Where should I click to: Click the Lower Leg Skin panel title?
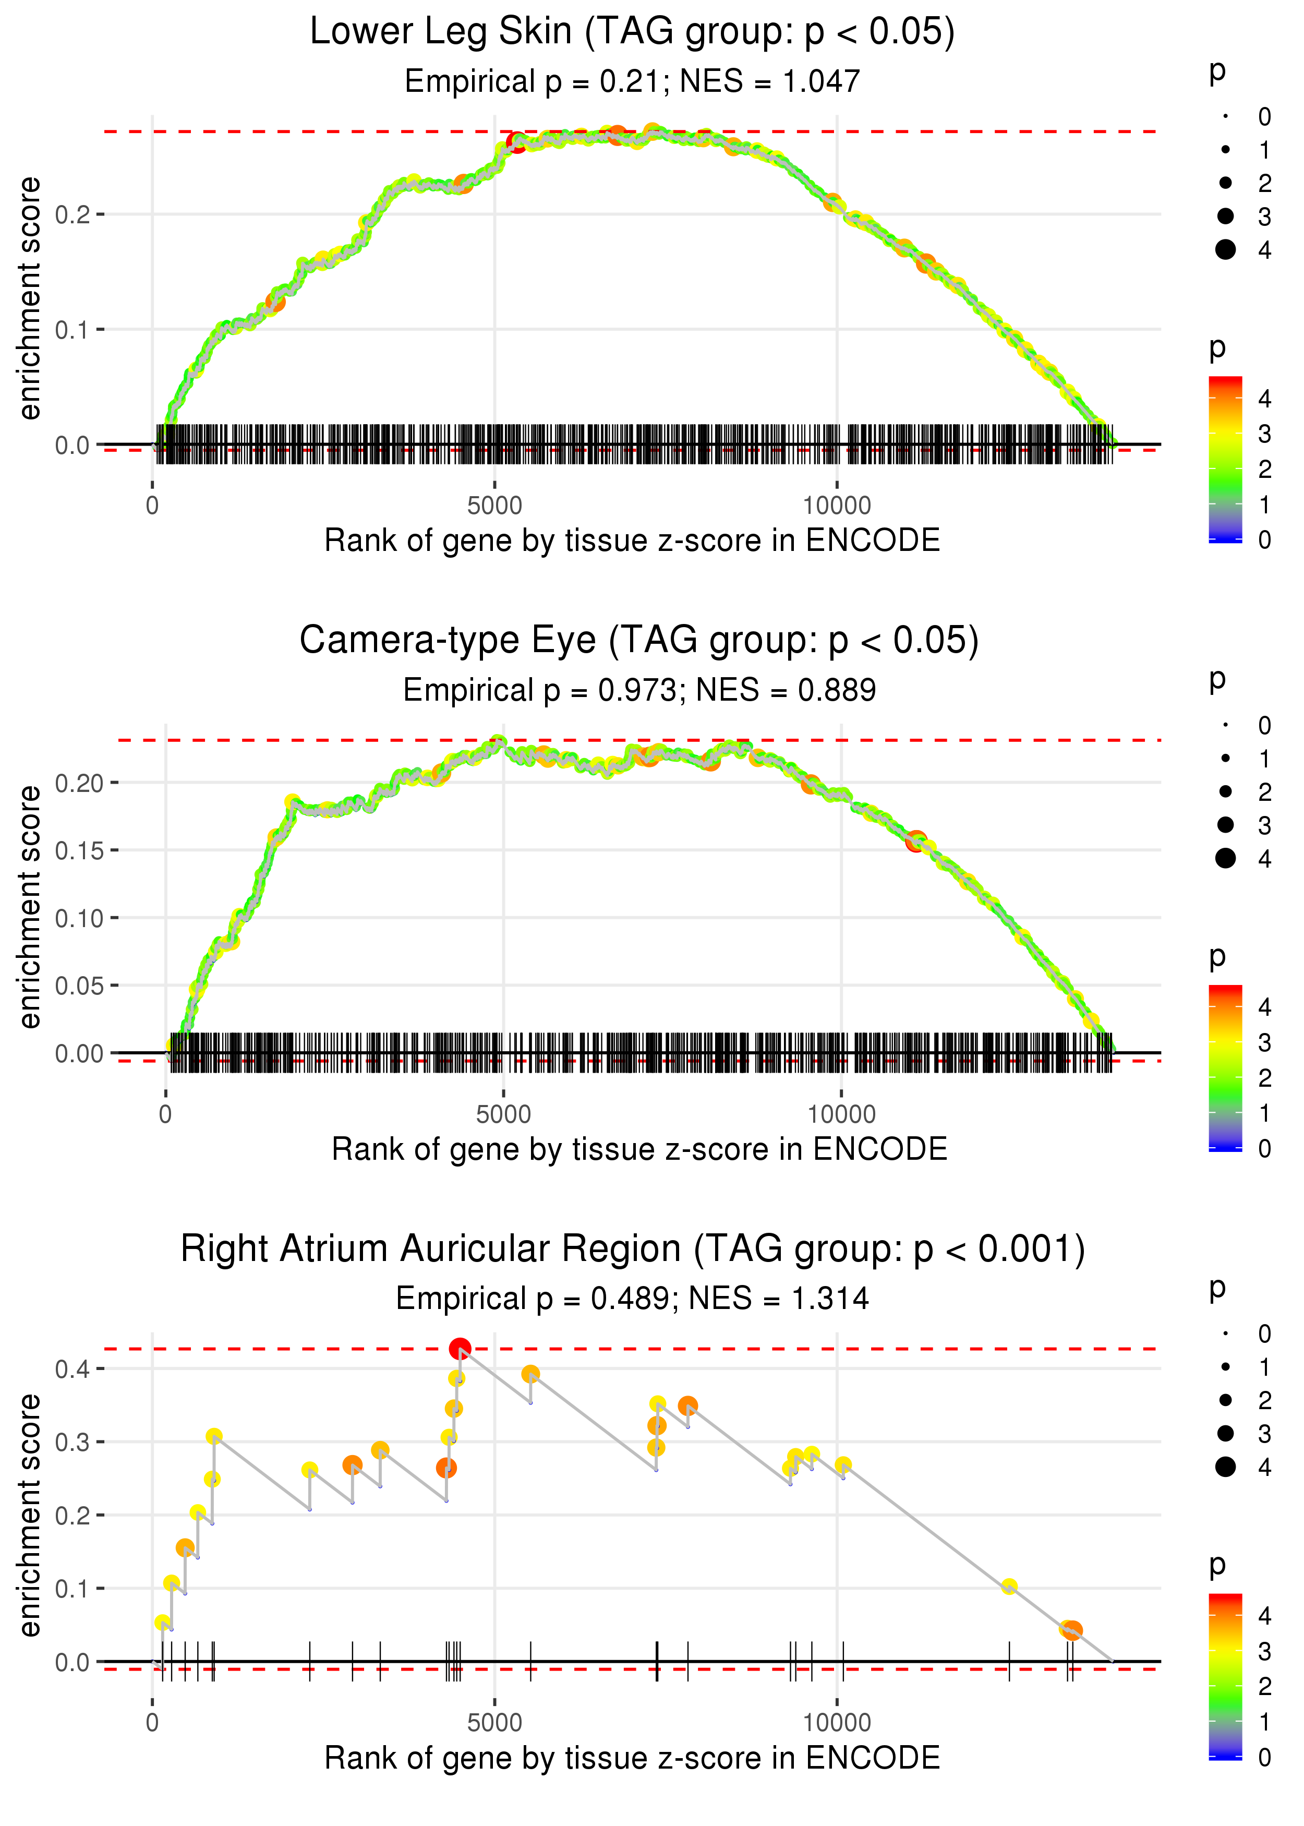coord(632,32)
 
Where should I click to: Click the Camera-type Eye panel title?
coord(638,641)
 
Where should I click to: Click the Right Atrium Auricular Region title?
coord(632,1250)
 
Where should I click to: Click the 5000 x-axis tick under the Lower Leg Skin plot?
coord(494,506)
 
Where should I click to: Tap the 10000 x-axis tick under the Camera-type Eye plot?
coord(841,1114)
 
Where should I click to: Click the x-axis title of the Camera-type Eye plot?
coord(638,1149)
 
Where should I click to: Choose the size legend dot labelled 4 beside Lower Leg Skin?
coord(1225,250)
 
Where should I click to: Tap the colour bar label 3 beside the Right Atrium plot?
coord(1264,1652)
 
